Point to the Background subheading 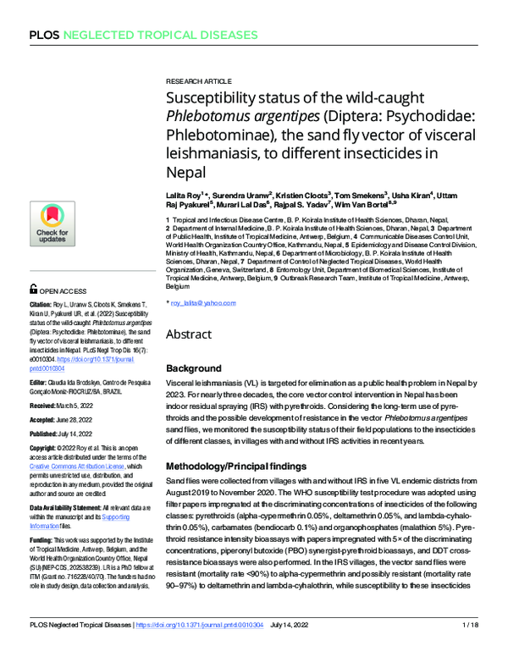point(197,369)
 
